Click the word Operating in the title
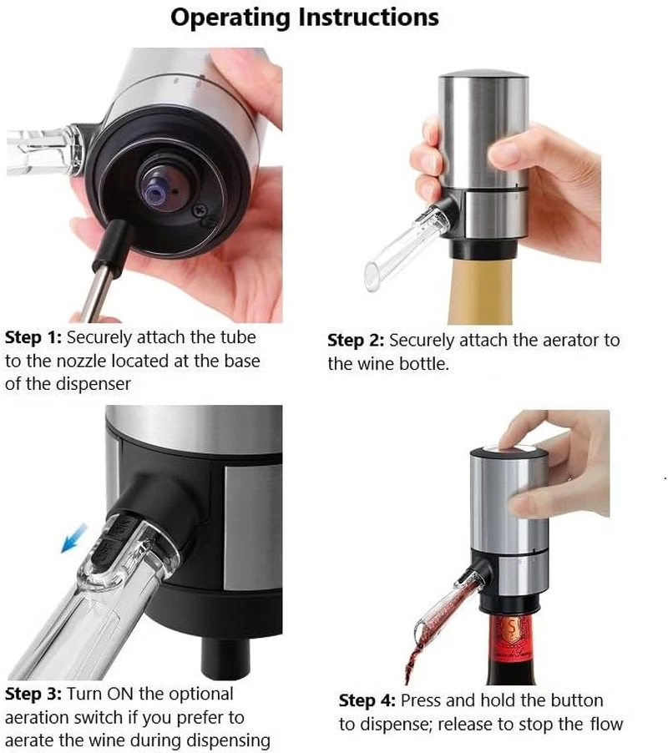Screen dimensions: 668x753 click(x=230, y=18)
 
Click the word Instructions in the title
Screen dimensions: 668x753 click(x=368, y=17)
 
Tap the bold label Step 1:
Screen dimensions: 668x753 click(x=33, y=337)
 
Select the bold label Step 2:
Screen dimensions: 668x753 click(x=356, y=341)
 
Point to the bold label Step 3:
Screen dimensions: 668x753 click(x=33, y=695)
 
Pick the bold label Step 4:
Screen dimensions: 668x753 click(x=367, y=700)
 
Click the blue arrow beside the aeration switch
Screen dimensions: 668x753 click(x=74, y=538)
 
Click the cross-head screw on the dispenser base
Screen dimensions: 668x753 click(x=199, y=210)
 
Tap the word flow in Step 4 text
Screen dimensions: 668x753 click(x=606, y=724)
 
